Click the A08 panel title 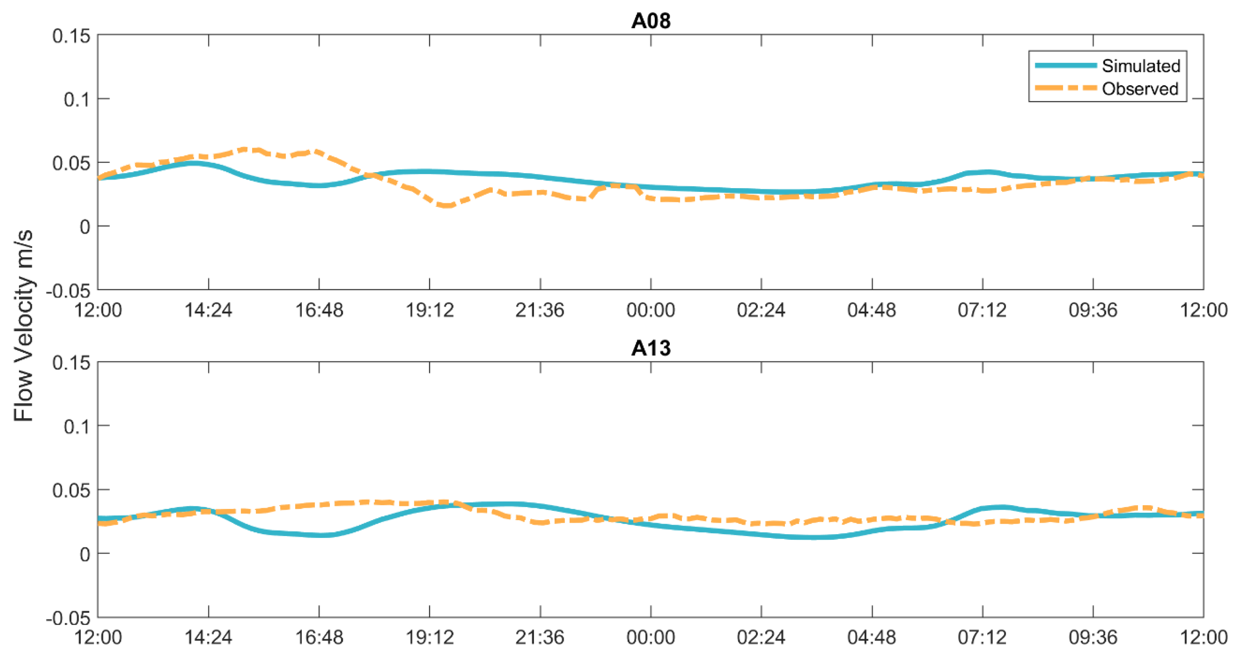tap(651, 20)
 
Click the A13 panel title tap(651, 348)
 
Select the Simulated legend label tap(1140, 66)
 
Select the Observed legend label tap(1140, 89)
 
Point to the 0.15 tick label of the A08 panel tap(71, 36)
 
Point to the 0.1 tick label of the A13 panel tap(77, 426)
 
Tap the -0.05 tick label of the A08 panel tap(68, 291)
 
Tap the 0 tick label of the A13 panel tap(85, 554)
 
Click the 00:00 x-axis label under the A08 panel tap(651, 310)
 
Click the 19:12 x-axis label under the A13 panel tap(429, 638)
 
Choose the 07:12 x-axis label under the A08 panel tap(982, 310)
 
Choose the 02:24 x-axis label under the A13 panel tap(761, 638)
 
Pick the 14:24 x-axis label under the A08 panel tap(208, 310)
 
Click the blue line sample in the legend tap(1065, 66)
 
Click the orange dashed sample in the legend tap(1065, 88)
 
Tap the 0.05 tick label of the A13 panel tap(71, 490)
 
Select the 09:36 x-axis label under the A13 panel tap(1092, 638)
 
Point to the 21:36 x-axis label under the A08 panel tap(540, 310)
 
